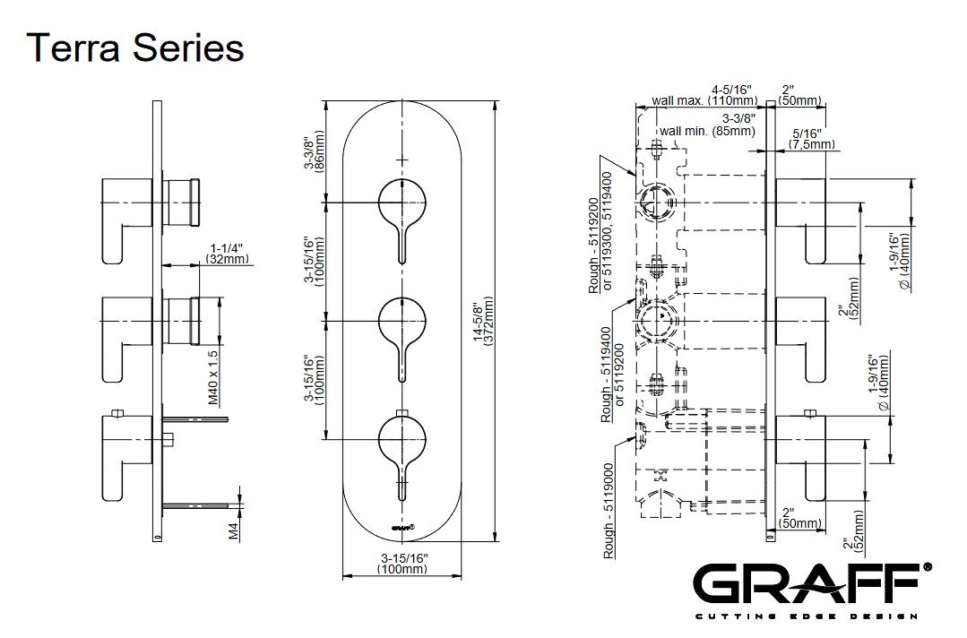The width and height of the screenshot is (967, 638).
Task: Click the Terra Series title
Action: [136, 47]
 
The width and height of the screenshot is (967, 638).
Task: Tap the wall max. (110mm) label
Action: [705, 100]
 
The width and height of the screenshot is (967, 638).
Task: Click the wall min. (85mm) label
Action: [707, 131]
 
